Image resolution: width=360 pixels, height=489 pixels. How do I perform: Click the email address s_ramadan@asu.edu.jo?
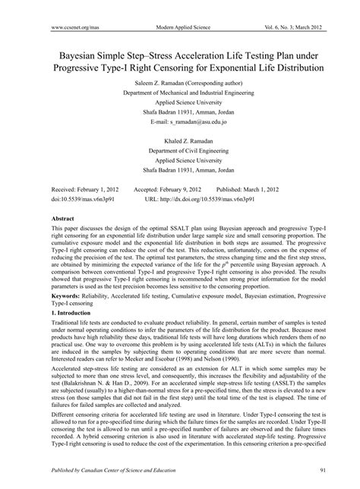click(180, 121)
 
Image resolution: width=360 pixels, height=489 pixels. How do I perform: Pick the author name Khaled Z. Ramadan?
click(180, 142)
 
